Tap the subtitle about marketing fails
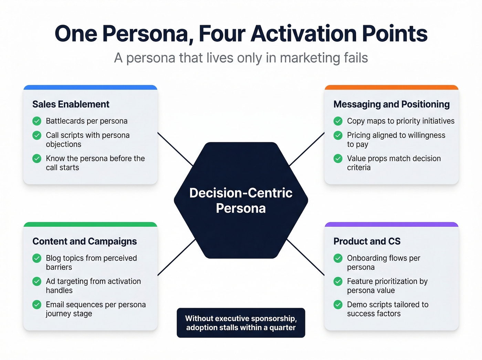tap(241, 58)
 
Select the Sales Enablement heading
tap(71, 104)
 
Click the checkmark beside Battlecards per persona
tap(37, 121)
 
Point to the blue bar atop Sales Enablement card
tap(90, 88)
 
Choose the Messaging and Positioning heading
tap(391, 104)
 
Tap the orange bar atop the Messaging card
tap(391, 88)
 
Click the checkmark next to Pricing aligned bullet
tap(338, 135)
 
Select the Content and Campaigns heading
tap(84, 241)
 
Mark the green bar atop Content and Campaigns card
tap(90, 225)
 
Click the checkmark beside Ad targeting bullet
tap(37, 281)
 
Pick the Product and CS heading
tap(367, 241)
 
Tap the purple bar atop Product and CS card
tap(391, 225)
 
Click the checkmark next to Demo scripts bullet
tap(338, 305)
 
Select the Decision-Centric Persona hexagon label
tap(241, 200)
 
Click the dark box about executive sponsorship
tap(241, 323)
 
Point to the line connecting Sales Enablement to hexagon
tap(175, 149)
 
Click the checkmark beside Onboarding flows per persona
tap(338, 258)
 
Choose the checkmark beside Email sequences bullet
tap(37, 305)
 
